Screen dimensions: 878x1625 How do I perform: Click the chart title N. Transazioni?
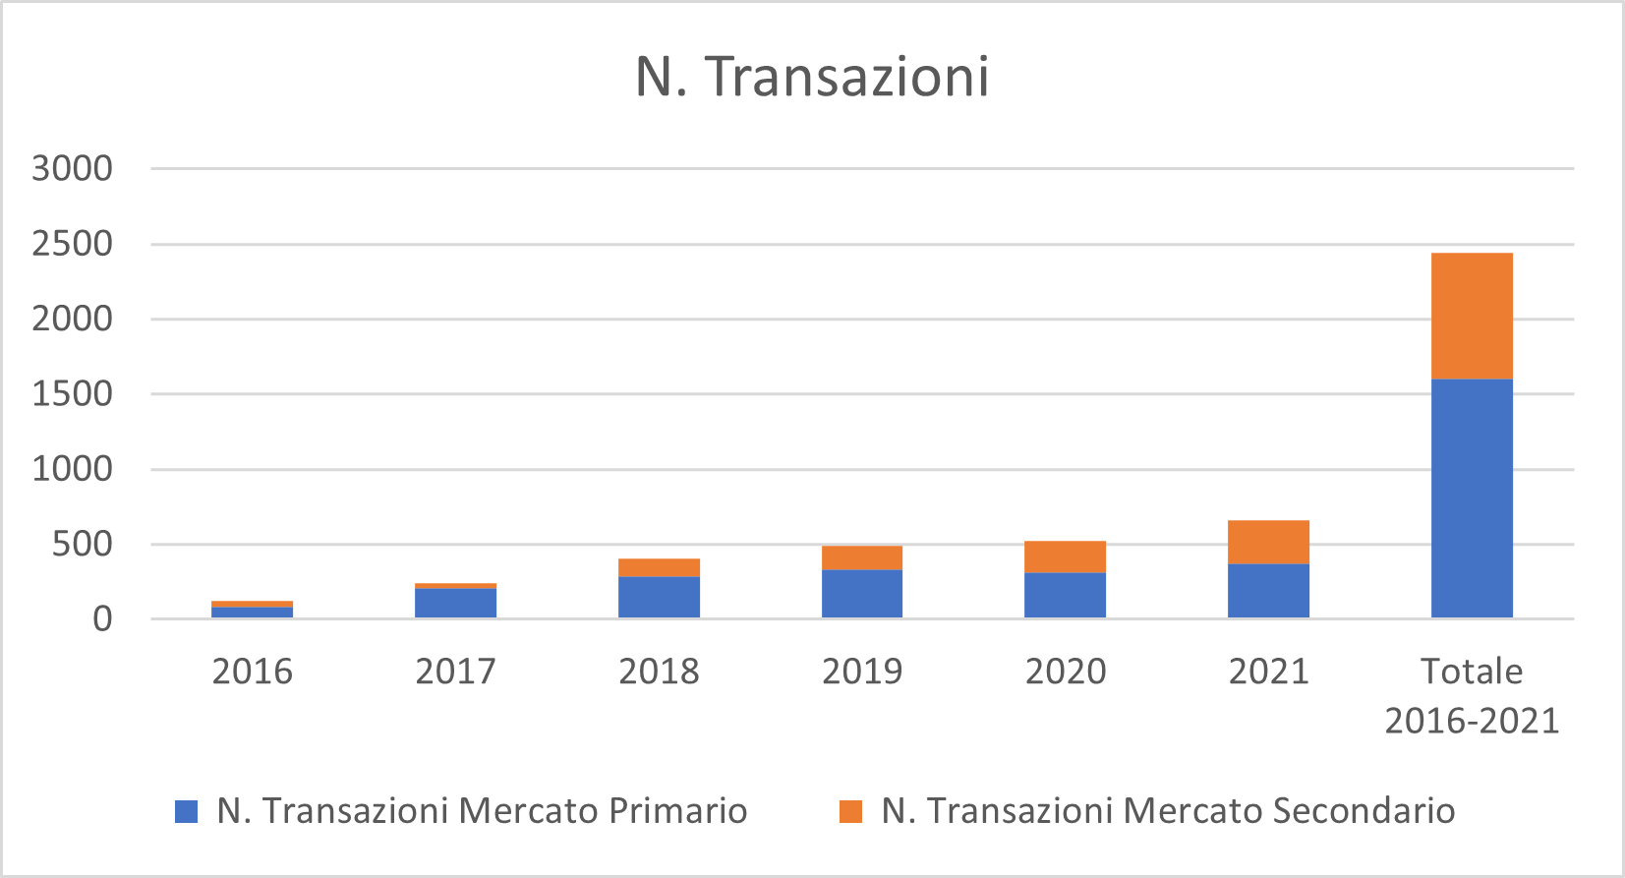point(812,77)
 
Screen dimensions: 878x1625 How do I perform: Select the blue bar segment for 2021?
point(1268,591)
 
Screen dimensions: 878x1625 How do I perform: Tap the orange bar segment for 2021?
point(1268,542)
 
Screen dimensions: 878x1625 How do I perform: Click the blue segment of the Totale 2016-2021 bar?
point(1472,498)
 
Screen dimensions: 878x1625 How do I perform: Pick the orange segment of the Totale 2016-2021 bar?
point(1472,316)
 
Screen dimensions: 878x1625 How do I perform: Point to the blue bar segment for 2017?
point(455,603)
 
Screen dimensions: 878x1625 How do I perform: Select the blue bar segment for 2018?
point(659,597)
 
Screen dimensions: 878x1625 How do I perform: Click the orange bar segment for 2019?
point(862,557)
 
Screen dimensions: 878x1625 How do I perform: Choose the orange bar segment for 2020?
point(1065,556)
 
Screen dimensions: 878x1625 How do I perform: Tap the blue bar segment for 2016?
point(252,613)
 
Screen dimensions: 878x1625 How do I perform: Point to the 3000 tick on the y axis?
point(72,168)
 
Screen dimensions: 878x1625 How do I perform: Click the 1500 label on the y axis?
point(72,393)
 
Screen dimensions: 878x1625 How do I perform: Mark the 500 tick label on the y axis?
point(82,544)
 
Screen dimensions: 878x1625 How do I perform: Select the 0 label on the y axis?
point(102,619)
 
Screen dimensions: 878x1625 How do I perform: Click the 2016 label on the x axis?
point(252,672)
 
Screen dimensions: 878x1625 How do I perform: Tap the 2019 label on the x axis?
point(862,672)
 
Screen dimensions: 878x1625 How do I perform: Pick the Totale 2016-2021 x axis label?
point(1472,695)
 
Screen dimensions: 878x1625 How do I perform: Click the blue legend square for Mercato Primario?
point(186,811)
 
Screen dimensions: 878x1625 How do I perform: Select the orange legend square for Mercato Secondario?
point(850,811)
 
